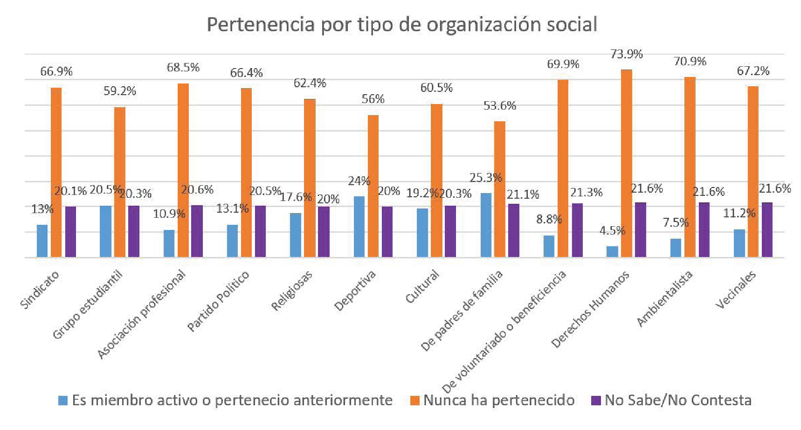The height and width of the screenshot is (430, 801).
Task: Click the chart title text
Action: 401,25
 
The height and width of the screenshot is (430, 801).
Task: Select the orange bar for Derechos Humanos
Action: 626,163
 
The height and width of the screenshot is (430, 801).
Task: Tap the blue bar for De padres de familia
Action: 486,225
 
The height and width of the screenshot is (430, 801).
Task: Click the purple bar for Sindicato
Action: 70,231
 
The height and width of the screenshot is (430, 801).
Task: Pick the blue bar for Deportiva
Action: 359,227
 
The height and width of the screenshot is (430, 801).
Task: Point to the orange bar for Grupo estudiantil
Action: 120,182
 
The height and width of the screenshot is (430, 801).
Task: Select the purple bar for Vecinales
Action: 767,229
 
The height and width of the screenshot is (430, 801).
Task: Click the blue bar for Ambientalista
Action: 676,248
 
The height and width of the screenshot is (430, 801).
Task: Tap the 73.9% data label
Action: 626,55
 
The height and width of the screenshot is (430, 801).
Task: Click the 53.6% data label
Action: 499,106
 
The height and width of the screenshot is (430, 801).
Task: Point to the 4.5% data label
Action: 612,231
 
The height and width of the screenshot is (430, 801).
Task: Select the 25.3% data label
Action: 485,178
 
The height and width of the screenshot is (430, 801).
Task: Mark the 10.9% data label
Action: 169,214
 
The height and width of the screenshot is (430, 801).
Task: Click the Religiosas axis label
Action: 292,291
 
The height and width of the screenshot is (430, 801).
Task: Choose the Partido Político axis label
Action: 218,301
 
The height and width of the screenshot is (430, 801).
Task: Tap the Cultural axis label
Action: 422,286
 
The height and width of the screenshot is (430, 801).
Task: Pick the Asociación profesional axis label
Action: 141,314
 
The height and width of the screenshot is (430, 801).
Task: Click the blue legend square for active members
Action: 62,401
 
